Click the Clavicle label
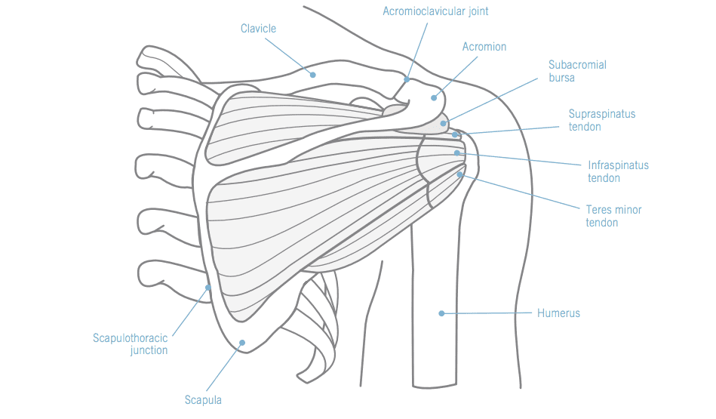click(x=258, y=29)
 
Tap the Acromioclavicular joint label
click(x=430, y=11)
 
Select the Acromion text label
click(x=484, y=47)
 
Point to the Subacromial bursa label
click(x=577, y=71)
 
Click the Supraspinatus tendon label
click(x=601, y=121)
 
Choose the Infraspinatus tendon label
click(x=618, y=171)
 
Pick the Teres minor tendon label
click(x=613, y=216)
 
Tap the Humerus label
click(x=558, y=313)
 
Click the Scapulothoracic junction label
click(x=130, y=344)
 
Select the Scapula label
click(x=203, y=400)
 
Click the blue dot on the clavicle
click(x=312, y=74)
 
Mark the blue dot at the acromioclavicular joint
click(x=407, y=79)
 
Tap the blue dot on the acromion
click(x=434, y=97)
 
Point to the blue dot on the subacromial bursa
click(x=444, y=123)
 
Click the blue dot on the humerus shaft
click(x=441, y=313)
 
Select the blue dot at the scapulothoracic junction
click(x=209, y=288)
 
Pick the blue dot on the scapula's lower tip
click(x=242, y=343)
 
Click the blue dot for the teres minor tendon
click(x=459, y=175)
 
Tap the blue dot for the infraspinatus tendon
click(x=457, y=153)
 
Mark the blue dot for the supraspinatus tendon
click(x=456, y=135)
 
